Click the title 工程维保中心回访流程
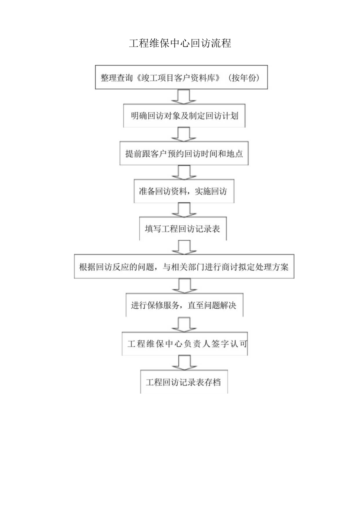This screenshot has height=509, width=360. pos(180,43)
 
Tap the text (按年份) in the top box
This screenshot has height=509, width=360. pos(242,77)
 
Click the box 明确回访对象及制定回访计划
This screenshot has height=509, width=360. pos(184,116)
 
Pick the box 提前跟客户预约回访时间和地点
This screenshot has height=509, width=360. pos(184,154)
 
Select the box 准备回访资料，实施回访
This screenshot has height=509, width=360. pos(184,191)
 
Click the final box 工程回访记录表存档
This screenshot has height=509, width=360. pos(184,382)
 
